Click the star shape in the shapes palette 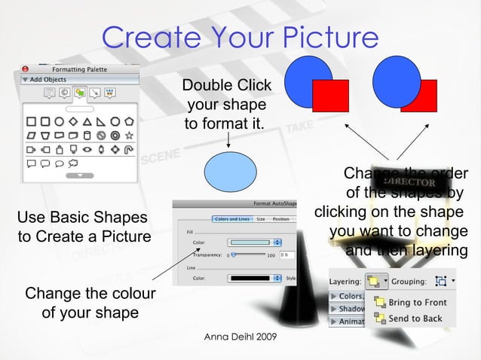pyautogui.click(x=129, y=135)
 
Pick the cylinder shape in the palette pyautogui.click(x=87, y=135)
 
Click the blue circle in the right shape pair pyautogui.click(x=396, y=78)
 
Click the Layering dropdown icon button pyautogui.click(x=374, y=282)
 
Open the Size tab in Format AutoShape pyautogui.click(x=260, y=219)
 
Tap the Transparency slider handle pyautogui.click(x=234, y=255)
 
